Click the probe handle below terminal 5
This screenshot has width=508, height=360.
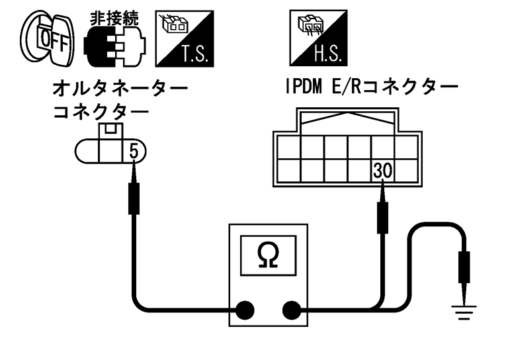tap(134, 199)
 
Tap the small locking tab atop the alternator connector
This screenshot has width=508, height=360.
tap(111, 129)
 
